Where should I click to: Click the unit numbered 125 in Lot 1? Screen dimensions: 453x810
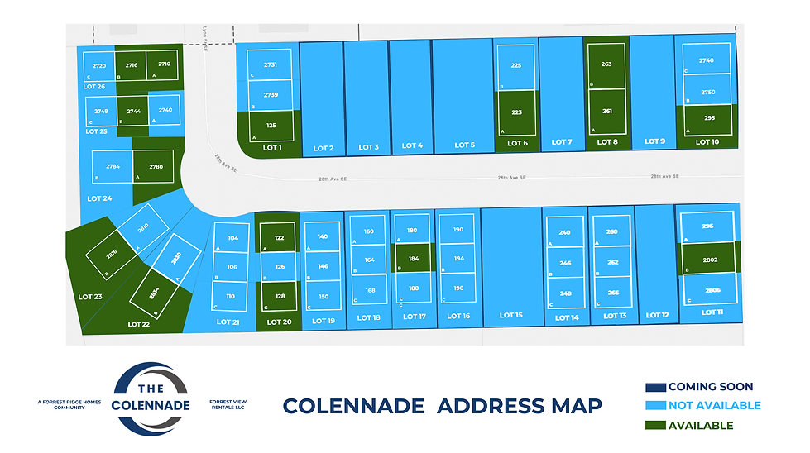271,126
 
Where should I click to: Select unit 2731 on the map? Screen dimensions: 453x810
271,64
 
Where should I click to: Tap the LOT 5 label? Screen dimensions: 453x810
465,145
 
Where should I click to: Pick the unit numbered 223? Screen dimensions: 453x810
516,112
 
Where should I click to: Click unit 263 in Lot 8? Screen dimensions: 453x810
606,64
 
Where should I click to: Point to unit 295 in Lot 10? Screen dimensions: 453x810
709,118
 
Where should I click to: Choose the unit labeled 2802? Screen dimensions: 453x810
709,260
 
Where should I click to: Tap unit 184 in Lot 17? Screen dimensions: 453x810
413,259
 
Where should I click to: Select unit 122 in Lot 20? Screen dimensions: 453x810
279,238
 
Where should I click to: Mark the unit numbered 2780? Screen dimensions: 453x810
156,166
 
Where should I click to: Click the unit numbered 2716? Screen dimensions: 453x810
132,64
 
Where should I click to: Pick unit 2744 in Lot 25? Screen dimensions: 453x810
133,110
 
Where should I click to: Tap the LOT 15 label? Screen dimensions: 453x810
511,315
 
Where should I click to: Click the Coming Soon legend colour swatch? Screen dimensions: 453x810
655,387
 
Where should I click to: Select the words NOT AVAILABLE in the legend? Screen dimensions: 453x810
713,406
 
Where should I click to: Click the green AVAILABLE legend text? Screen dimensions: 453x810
700,426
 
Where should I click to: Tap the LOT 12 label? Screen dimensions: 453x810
658,315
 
